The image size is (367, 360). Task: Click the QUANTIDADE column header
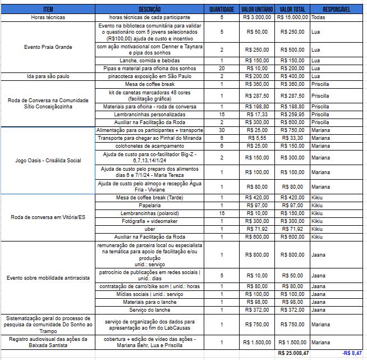[222, 10]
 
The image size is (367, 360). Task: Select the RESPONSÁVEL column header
[337, 10]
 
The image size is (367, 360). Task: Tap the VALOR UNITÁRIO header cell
[257, 10]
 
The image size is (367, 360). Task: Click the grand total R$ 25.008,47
[293, 353]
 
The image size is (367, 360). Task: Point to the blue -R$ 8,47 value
[352, 353]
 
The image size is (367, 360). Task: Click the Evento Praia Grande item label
[48, 47]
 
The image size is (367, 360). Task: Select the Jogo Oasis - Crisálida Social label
[48, 161]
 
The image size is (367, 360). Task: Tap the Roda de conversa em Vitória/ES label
[48, 217]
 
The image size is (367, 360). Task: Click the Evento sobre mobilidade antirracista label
[48, 278]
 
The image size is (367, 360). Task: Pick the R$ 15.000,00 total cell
[292, 17]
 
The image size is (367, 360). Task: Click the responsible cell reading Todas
[318, 17]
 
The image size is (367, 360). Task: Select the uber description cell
[149, 229]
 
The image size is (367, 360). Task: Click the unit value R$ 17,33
[257, 115]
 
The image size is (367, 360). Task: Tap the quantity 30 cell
[222, 130]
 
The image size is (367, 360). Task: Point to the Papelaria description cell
[149, 206]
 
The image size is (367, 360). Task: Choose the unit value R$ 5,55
[257, 138]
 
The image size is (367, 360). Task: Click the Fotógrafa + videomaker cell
[149, 221]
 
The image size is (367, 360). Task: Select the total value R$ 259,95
[292, 115]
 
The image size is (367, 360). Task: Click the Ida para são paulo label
[48, 76]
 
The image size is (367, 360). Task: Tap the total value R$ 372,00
[292, 310]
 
